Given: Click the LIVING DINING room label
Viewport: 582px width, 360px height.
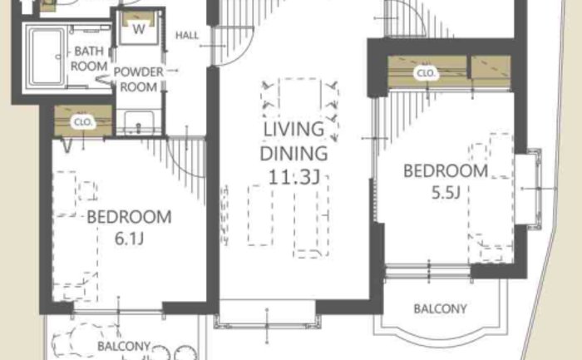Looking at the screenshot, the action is coord(293,141).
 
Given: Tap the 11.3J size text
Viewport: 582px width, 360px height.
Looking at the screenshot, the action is coord(293,177).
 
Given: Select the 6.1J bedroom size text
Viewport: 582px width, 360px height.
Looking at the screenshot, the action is coord(129,239).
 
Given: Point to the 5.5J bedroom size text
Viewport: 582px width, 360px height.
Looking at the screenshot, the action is coord(446,193).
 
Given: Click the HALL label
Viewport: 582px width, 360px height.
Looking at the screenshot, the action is coord(187,36).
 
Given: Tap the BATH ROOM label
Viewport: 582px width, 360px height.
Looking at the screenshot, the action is coord(89,59).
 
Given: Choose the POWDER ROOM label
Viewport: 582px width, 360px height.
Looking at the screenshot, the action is coord(139,80).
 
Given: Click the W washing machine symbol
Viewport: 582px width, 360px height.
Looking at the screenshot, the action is coord(139,29).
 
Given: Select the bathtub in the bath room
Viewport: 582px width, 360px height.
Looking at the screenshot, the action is coord(47,57).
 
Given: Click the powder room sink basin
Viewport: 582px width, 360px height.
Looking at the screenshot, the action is coord(139,122).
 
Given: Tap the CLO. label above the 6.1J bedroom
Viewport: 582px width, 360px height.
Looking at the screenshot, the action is coord(83,122).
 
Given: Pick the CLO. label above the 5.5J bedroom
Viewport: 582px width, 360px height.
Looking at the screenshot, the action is coord(426,73).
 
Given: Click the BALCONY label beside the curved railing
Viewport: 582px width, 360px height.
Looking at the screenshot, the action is coord(440,308).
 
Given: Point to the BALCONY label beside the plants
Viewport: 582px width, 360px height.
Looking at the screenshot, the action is coord(124,346).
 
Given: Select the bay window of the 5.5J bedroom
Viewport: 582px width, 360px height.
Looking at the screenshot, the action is coord(528,189).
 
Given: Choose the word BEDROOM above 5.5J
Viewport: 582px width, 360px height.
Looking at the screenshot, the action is coord(446,171).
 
